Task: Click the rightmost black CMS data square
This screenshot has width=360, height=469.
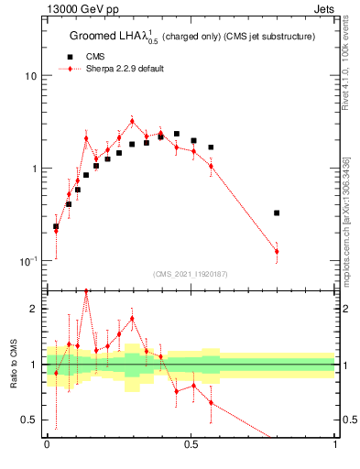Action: [x=277, y=213]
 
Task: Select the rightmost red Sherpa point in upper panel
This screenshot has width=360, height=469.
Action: [x=277, y=251]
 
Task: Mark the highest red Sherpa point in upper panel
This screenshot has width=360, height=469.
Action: [x=132, y=121]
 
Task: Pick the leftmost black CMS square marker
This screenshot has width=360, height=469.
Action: [x=56, y=225]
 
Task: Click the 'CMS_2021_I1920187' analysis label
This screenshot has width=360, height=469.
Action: [x=191, y=274]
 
